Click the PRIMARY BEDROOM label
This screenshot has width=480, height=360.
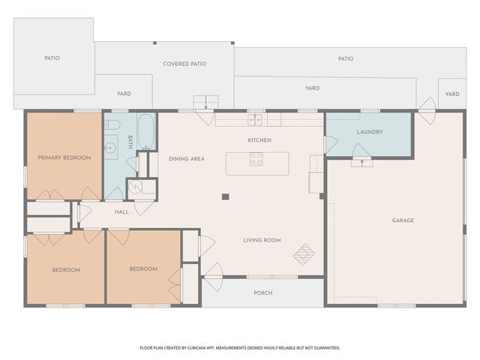point(64,157)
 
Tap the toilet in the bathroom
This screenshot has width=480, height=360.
point(112,124)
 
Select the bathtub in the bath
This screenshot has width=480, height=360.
point(146,132)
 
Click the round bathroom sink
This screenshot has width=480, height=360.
point(109,148)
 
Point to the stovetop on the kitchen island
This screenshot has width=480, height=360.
point(256,159)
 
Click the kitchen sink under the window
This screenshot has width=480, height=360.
point(255,119)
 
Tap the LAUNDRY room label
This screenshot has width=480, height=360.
point(370,132)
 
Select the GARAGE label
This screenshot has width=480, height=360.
point(403,220)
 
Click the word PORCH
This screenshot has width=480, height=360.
point(263,293)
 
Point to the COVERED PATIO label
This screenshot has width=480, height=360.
point(184,64)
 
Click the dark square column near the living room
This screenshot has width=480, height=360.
point(226,196)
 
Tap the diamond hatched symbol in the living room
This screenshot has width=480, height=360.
point(304,254)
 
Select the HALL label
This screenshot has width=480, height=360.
point(121,211)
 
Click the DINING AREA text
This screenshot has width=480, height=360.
point(187,159)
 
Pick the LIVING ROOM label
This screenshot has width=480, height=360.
point(262,240)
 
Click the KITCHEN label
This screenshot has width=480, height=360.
point(259,140)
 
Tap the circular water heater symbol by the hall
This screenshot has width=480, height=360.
point(135,187)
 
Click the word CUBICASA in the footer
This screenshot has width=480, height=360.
point(202,348)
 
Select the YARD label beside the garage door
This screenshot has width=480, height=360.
point(452,94)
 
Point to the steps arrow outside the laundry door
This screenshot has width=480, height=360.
point(362,163)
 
